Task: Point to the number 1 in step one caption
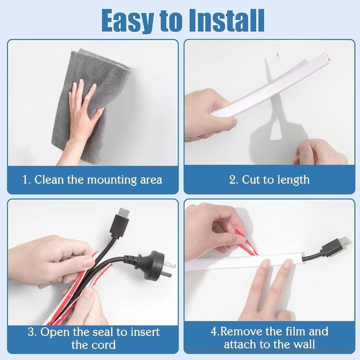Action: click(x=26, y=180)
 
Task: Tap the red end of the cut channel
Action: click(x=330, y=57)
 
